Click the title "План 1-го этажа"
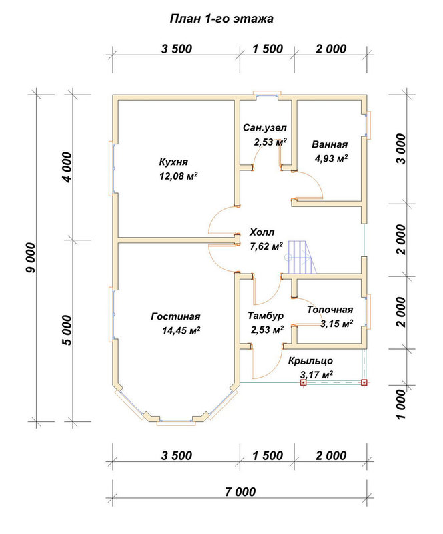[x=221, y=19]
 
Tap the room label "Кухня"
[x=173, y=162]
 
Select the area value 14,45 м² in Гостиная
[x=181, y=330]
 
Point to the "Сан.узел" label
[x=265, y=128]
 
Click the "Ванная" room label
[x=330, y=144]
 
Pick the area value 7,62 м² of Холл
[x=266, y=246]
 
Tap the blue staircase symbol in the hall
[x=300, y=257]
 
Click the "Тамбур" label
[x=266, y=316]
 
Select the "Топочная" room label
[x=330, y=310]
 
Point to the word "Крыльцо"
[x=310, y=361]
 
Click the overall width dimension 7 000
[x=240, y=492]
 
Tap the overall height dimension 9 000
[x=31, y=258]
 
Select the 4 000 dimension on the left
[x=67, y=167]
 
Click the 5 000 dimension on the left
[x=67, y=330]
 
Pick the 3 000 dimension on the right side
[x=402, y=149]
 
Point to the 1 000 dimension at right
[x=402, y=405]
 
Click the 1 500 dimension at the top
[x=268, y=49]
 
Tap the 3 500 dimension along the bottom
[x=177, y=455]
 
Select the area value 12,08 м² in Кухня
[x=179, y=176]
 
